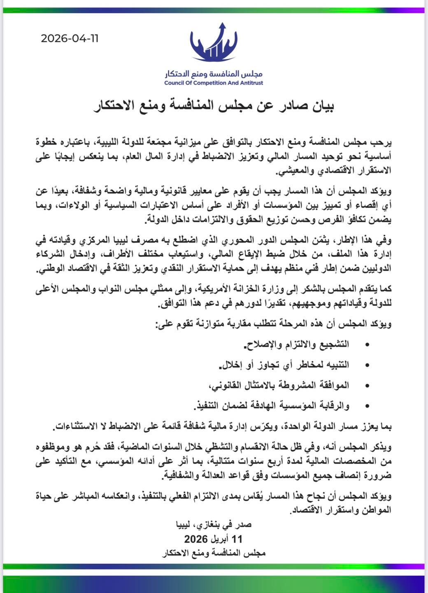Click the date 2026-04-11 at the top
pyautogui.click(x=70, y=39)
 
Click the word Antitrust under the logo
pyautogui.click(x=249, y=83)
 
